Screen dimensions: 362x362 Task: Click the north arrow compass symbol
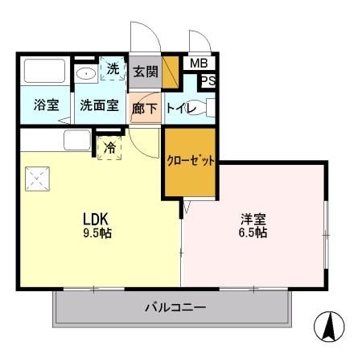click(x=329, y=327)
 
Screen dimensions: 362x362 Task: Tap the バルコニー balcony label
click(x=175, y=307)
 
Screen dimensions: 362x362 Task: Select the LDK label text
click(x=96, y=219)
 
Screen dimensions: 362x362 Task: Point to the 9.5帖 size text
click(x=97, y=233)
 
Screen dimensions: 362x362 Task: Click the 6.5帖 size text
click(x=253, y=232)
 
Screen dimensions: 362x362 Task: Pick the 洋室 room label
click(x=253, y=219)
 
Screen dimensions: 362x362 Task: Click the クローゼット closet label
click(x=191, y=161)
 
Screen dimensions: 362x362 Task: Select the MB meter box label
click(x=199, y=64)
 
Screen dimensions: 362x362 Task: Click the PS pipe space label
click(x=208, y=80)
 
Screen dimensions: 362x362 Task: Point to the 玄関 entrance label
click(x=146, y=72)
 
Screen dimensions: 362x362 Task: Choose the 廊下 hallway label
click(x=145, y=109)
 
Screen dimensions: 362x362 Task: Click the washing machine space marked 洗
click(x=113, y=68)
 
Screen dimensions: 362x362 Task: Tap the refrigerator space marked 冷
click(x=109, y=147)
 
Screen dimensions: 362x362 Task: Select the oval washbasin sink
click(x=86, y=73)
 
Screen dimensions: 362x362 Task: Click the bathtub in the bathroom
click(x=45, y=71)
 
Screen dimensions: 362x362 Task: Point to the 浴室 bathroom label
click(x=47, y=105)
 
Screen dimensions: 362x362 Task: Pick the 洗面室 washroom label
click(x=100, y=105)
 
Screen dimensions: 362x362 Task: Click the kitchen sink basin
click(x=77, y=140)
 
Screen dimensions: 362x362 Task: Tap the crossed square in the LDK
click(x=38, y=179)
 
